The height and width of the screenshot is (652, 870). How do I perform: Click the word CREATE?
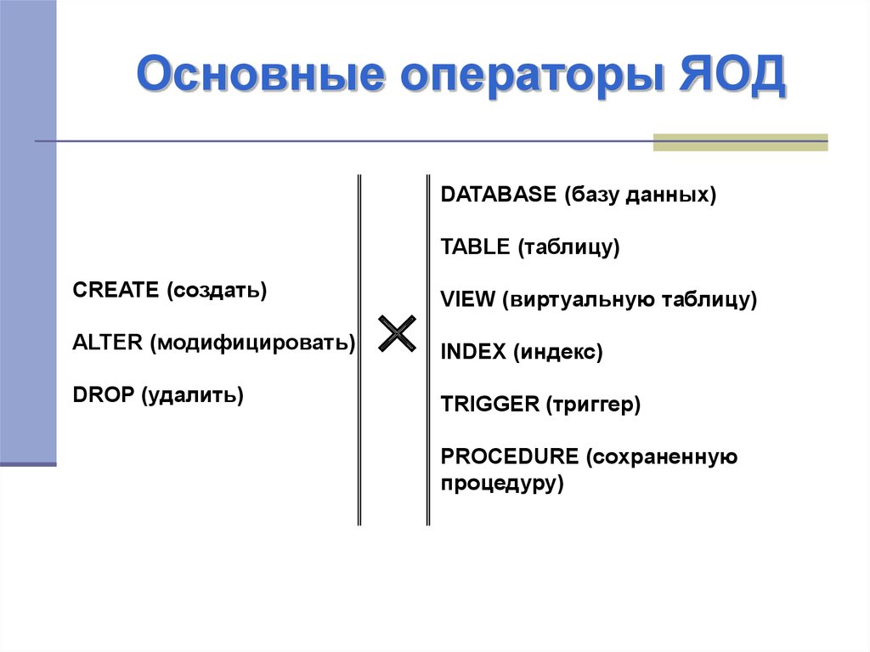coord(116,289)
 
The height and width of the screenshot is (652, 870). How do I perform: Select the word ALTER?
coord(108,342)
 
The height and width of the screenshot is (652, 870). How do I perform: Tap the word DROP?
coord(104,394)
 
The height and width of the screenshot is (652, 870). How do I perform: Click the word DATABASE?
coord(498,195)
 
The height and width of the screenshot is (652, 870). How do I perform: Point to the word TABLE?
coord(475,247)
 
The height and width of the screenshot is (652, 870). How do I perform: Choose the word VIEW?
coord(467,299)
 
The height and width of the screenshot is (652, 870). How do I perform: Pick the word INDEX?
coord(473,352)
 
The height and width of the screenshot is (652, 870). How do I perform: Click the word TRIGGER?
coord(490,404)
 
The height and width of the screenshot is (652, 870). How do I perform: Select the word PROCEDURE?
coord(510,456)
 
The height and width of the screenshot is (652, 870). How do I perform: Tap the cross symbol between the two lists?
coord(397,333)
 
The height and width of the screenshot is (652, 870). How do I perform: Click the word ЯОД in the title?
coord(732,75)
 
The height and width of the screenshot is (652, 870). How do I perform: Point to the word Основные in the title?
coord(260,75)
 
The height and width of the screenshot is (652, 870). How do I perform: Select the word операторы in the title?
coord(532,77)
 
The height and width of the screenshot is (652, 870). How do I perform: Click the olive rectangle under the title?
coord(740,142)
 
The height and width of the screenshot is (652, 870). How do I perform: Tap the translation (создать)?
coord(217,291)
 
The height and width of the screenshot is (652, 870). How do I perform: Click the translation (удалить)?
coord(193,395)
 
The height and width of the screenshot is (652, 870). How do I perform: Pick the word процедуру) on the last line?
coord(502,483)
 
